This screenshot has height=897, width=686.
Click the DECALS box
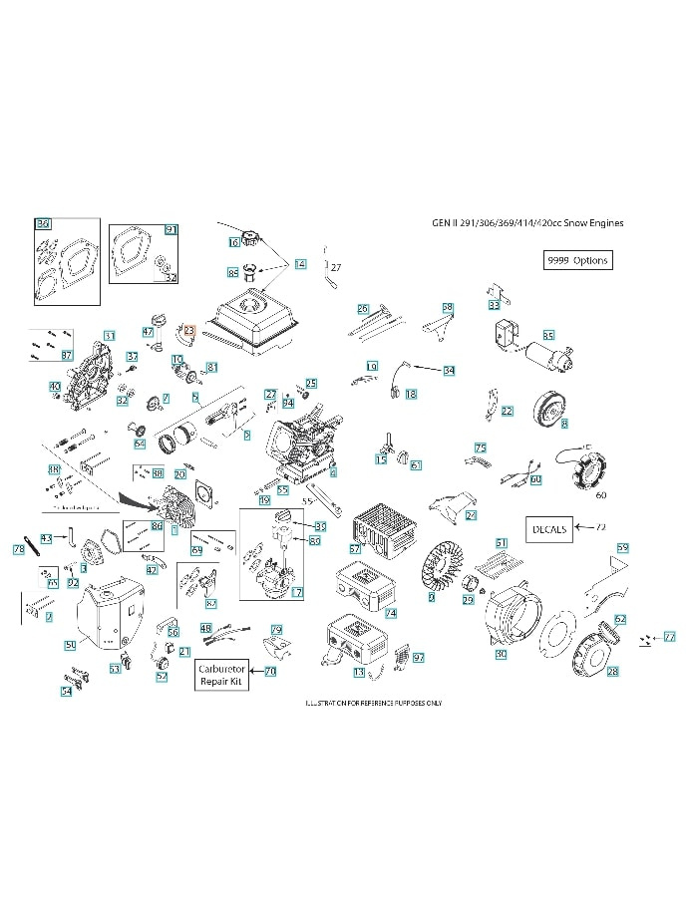coord(549,529)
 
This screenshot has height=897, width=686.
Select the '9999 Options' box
coord(576,260)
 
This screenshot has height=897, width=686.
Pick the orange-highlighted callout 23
coord(189,330)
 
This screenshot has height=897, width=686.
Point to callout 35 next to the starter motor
coord(548,336)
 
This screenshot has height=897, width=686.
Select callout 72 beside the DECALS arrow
coord(600,527)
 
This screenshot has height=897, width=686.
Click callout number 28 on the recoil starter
coord(612,672)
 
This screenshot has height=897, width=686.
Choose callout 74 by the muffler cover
coord(391,613)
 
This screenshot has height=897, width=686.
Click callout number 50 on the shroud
coord(71,646)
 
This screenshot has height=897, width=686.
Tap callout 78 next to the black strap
coord(18,549)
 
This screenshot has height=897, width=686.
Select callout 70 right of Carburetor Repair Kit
coord(270,672)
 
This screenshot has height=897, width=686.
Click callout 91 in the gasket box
coord(171,230)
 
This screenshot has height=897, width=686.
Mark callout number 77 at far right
coord(669,635)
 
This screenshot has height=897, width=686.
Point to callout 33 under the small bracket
coord(495,305)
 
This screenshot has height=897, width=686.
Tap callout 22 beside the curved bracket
coord(507,411)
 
